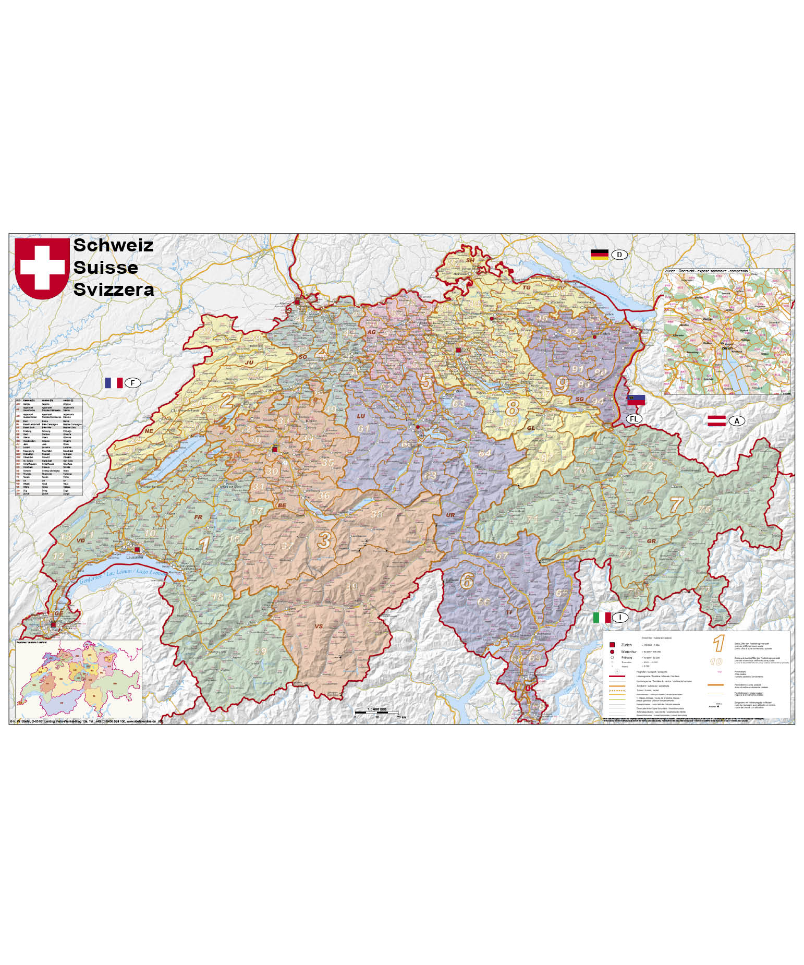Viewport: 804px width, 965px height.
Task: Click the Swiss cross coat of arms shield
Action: click(x=42, y=268)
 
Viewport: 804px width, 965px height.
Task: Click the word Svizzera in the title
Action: click(x=114, y=289)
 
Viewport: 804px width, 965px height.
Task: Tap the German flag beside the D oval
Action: click(x=599, y=255)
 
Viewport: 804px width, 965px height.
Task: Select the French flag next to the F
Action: click(x=114, y=383)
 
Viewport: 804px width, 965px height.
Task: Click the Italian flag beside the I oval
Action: click(x=602, y=618)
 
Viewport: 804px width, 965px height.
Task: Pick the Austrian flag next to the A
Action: click(x=716, y=421)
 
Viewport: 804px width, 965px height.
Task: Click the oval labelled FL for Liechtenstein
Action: click(x=634, y=419)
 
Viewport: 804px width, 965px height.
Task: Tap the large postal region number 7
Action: click(x=676, y=504)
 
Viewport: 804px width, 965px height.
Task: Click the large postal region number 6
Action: click(x=467, y=581)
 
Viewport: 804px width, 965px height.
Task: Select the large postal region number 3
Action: click(x=324, y=540)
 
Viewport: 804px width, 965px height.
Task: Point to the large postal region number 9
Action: click(x=562, y=385)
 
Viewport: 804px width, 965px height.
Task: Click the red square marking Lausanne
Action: click(x=137, y=550)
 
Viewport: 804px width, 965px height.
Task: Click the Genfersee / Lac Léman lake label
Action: click(x=123, y=576)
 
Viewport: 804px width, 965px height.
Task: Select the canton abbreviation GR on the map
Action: click(x=651, y=541)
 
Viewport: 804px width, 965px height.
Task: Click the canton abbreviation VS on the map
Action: click(x=319, y=626)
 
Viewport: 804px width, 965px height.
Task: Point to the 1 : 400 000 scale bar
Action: click(x=376, y=712)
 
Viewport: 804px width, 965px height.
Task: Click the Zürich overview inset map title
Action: click(x=706, y=271)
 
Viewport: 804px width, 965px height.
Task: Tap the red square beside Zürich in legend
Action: click(x=612, y=645)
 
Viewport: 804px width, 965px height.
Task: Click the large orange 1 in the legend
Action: click(x=719, y=643)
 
